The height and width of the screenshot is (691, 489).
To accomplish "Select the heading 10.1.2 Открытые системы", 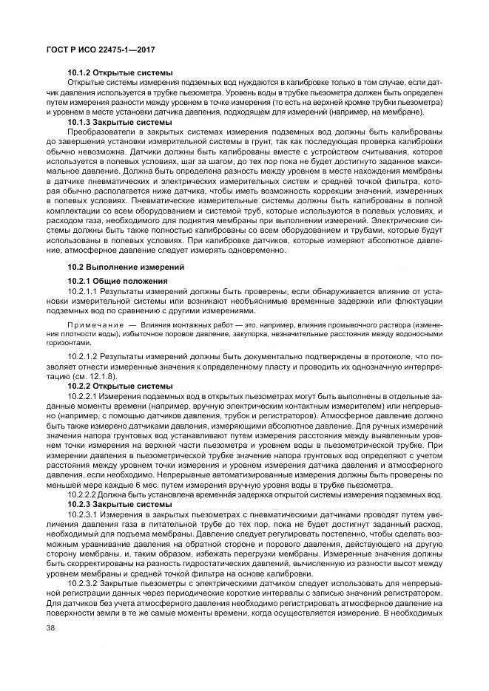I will [121, 72].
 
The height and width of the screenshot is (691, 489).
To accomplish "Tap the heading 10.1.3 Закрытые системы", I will [121, 122].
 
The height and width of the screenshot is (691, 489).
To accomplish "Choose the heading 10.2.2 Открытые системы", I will [121, 386].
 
